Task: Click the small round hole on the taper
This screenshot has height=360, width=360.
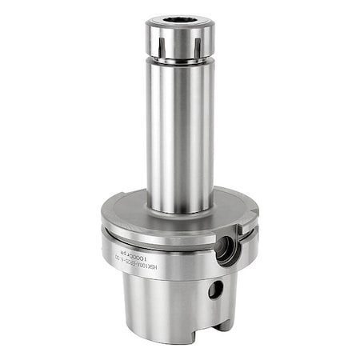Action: (x=214, y=290)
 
